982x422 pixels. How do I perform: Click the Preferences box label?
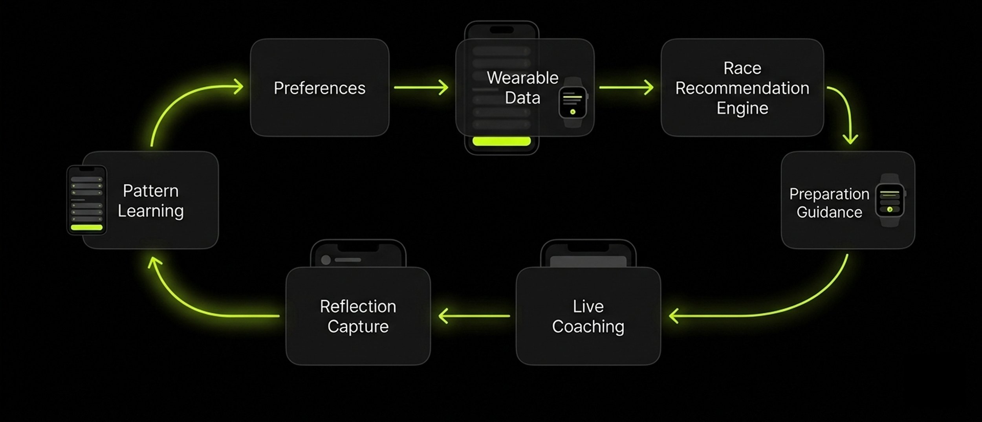point(319,88)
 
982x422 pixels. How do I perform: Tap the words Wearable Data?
point(522,88)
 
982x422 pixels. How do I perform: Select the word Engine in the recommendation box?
point(742,108)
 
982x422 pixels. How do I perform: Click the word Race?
point(742,68)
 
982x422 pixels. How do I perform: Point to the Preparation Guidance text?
point(829,203)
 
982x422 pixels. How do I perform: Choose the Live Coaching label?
point(588,316)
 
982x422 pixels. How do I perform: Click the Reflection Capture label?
point(358,316)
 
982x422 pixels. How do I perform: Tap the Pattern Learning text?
point(150,201)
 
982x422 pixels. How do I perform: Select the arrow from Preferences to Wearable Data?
point(421,87)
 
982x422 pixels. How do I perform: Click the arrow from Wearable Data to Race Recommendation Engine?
point(626,87)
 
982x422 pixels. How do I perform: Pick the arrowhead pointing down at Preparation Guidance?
point(850,139)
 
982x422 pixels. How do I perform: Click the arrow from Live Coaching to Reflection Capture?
point(474,316)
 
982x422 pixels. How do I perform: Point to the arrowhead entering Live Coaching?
point(674,316)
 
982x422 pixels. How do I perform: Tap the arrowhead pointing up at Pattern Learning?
point(154,262)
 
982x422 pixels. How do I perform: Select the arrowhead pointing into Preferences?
point(238,86)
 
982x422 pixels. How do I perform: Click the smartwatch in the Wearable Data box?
point(573,102)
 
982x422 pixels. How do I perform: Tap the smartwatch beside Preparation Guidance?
point(890,200)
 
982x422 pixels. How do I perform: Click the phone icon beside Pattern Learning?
point(87,200)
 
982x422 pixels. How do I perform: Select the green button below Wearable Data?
point(501,141)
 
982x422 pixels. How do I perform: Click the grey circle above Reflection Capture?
point(326,260)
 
